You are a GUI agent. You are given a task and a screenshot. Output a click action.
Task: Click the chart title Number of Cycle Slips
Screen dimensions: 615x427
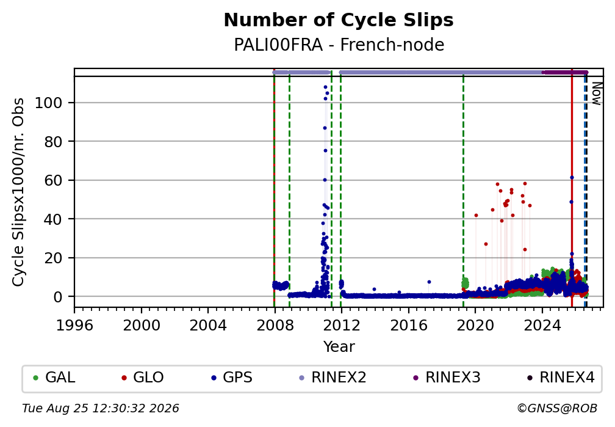(339, 20)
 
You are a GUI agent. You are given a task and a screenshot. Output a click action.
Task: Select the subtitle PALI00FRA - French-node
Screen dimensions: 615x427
(339, 45)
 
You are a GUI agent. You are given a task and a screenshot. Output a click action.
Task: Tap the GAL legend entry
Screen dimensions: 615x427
(54, 378)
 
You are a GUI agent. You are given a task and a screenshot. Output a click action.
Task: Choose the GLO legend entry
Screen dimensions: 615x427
(143, 378)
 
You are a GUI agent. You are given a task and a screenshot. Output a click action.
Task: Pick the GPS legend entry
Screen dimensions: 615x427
(232, 378)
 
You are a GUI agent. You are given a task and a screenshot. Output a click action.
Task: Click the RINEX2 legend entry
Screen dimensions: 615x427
(333, 378)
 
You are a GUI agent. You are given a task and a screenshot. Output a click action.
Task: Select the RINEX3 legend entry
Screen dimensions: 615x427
(447, 378)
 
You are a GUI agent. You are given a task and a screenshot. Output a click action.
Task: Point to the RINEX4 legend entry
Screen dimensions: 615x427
(561, 378)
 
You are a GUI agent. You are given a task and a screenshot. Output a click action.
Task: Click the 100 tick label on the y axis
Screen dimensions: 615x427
(48, 103)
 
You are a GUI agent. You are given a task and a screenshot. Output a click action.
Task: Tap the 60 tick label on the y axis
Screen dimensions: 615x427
(53, 180)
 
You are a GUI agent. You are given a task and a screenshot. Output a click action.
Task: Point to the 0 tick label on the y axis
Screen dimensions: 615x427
(57, 297)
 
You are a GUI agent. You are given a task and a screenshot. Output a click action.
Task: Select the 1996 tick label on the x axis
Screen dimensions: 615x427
(74, 325)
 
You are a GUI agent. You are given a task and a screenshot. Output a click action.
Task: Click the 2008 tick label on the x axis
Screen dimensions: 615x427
(275, 325)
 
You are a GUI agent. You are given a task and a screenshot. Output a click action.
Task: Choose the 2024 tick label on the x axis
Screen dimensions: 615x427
(542, 325)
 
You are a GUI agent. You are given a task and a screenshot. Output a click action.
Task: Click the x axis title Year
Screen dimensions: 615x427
(339, 346)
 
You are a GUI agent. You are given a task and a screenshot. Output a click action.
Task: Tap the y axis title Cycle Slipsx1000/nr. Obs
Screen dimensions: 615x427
(18, 192)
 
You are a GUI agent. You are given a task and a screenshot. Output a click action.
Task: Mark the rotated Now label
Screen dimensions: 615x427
(596, 93)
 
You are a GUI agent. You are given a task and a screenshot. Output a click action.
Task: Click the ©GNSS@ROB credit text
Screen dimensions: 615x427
(557, 409)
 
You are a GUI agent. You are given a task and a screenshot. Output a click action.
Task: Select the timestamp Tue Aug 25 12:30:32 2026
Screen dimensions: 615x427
(101, 409)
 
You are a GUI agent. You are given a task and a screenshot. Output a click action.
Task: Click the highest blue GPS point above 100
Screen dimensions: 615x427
(325, 87)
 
